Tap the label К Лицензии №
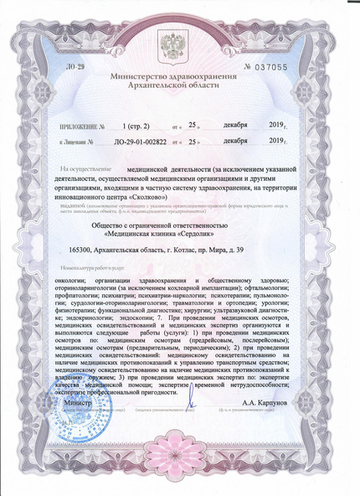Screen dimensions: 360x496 (x=84, y=142)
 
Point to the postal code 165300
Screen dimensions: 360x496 (x=81, y=251)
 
